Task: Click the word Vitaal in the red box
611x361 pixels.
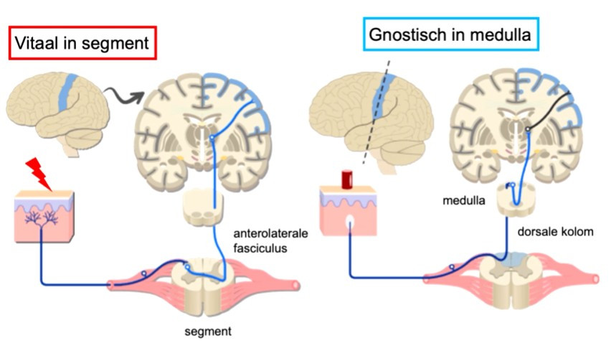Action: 37,42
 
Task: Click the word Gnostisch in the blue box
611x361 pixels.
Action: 407,34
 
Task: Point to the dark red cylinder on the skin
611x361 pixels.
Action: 347,179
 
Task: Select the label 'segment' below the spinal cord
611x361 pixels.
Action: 208,332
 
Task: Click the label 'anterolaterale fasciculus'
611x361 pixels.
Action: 270,240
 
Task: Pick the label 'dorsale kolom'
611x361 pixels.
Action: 555,232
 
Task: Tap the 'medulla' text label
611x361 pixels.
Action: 464,200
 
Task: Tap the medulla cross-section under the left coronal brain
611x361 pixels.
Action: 203,207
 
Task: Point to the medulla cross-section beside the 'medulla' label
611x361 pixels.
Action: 516,200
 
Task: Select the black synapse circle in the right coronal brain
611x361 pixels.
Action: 527,128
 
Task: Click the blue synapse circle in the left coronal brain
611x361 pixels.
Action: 212,138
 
